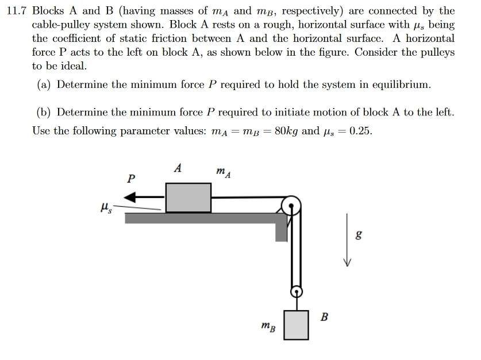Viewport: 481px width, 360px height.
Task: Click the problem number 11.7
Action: (x=17, y=11)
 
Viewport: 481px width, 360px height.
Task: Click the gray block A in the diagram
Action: (x=188, y=198)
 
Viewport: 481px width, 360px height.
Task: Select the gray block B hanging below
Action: (x=296, y=325)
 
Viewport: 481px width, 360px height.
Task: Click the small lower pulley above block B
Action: (x=296, y=292)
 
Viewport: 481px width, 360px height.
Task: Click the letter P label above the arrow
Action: (x=131, y=179)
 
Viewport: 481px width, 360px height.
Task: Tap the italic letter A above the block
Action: (x=178, y=169)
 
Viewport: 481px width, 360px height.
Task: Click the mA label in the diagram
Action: (x=224, y=172)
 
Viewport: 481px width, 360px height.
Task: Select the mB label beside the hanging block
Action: (x=268, y=328)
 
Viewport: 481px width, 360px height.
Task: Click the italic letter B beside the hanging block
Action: (x=324, y=316)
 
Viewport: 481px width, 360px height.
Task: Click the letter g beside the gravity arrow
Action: (x=359, y=235)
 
